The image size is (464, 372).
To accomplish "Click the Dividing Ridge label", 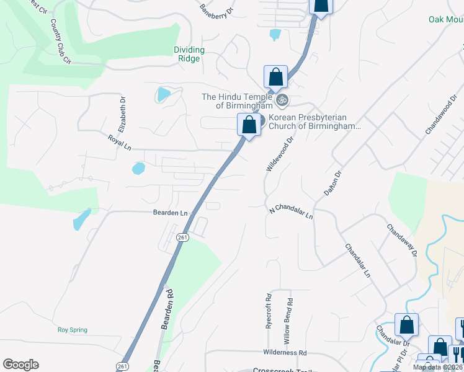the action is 189,54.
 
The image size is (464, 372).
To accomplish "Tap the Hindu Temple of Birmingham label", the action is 238,101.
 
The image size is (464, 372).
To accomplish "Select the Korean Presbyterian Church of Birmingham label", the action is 314,122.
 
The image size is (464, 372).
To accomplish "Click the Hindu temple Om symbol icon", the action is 282,99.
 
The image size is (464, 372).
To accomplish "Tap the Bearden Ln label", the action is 171,213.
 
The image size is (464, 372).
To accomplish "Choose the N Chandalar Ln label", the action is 290,211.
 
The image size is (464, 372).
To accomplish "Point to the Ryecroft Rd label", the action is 269,311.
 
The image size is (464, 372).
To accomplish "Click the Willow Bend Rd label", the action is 289,317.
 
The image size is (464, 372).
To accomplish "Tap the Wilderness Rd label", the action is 285,353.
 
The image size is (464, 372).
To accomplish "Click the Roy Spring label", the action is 72,330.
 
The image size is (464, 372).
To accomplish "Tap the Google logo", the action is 20,364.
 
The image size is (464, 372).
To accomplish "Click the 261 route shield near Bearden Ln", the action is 182,237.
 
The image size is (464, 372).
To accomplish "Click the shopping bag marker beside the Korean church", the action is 249,125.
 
